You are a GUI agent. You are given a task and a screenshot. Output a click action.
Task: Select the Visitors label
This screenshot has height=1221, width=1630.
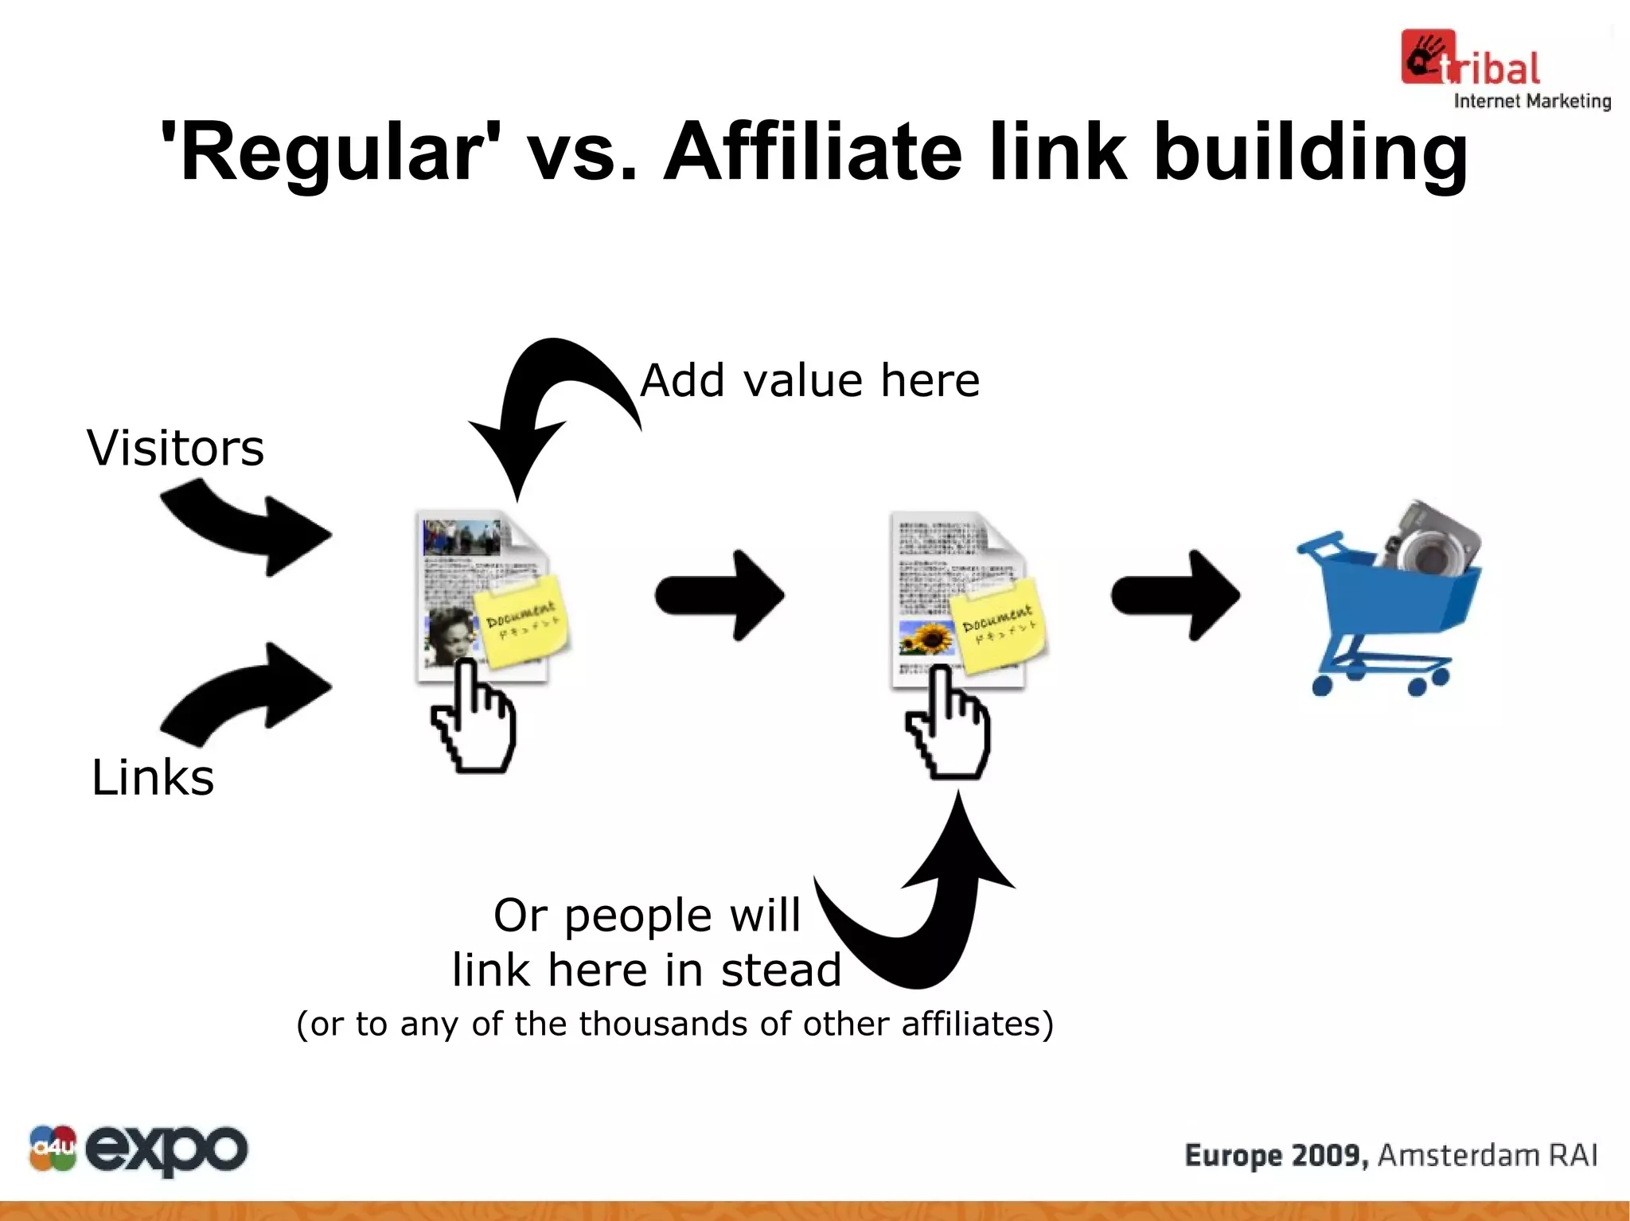coord(175,448)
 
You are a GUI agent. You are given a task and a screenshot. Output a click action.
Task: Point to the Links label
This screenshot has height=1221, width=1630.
coord(152,777)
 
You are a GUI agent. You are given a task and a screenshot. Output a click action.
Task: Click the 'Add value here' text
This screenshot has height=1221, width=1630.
coord(809,380)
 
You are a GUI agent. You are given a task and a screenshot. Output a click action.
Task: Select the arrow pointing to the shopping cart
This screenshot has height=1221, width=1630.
coord(1175,595)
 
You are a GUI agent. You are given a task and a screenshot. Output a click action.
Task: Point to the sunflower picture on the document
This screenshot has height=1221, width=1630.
coord(926,639)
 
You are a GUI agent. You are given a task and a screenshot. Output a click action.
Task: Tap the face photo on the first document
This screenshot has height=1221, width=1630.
coord(450,635)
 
